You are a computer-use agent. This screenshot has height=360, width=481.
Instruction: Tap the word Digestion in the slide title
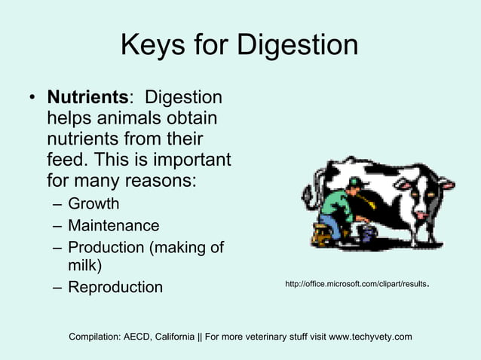[298, 46]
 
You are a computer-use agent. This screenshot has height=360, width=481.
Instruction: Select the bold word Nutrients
[87, 98]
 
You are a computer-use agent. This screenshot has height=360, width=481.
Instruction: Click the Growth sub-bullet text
[93, 203]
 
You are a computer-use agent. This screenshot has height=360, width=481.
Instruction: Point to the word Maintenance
[113, 225]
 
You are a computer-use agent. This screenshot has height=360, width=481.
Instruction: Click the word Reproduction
[115, 287]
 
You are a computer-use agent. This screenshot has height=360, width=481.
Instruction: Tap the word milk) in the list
[84, 266]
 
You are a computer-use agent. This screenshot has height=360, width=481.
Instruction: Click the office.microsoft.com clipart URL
[356, 284]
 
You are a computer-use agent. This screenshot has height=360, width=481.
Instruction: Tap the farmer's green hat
[354, 182]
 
